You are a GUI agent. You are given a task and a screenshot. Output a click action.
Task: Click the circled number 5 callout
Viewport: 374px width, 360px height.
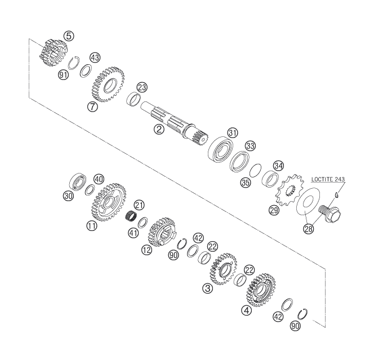(x=69, y=35)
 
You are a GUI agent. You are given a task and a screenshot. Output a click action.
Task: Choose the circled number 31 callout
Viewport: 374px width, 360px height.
(x=233, y=132)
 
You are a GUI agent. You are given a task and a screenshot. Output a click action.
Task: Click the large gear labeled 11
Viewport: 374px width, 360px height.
(x=107, y=202)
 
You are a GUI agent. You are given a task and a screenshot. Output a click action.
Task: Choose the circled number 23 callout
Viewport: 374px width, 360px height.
(x=142, y=87)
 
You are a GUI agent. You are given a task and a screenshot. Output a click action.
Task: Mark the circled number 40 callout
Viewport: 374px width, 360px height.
(x=99, y=179)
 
